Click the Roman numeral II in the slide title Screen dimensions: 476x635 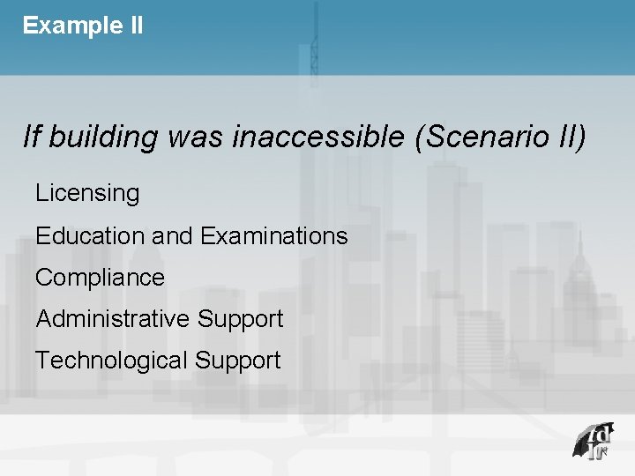[135, 26]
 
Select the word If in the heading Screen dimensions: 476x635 [32, 137]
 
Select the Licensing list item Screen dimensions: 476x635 [87, 193]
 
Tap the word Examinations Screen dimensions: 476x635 [273, 235]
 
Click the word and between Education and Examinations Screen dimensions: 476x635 [171, 235]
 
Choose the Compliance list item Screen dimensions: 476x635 [100, 278]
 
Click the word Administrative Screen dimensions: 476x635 [113, 318]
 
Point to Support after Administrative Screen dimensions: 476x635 [240, 319]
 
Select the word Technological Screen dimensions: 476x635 [111, 360]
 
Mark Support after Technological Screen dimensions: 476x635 [237, 361]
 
